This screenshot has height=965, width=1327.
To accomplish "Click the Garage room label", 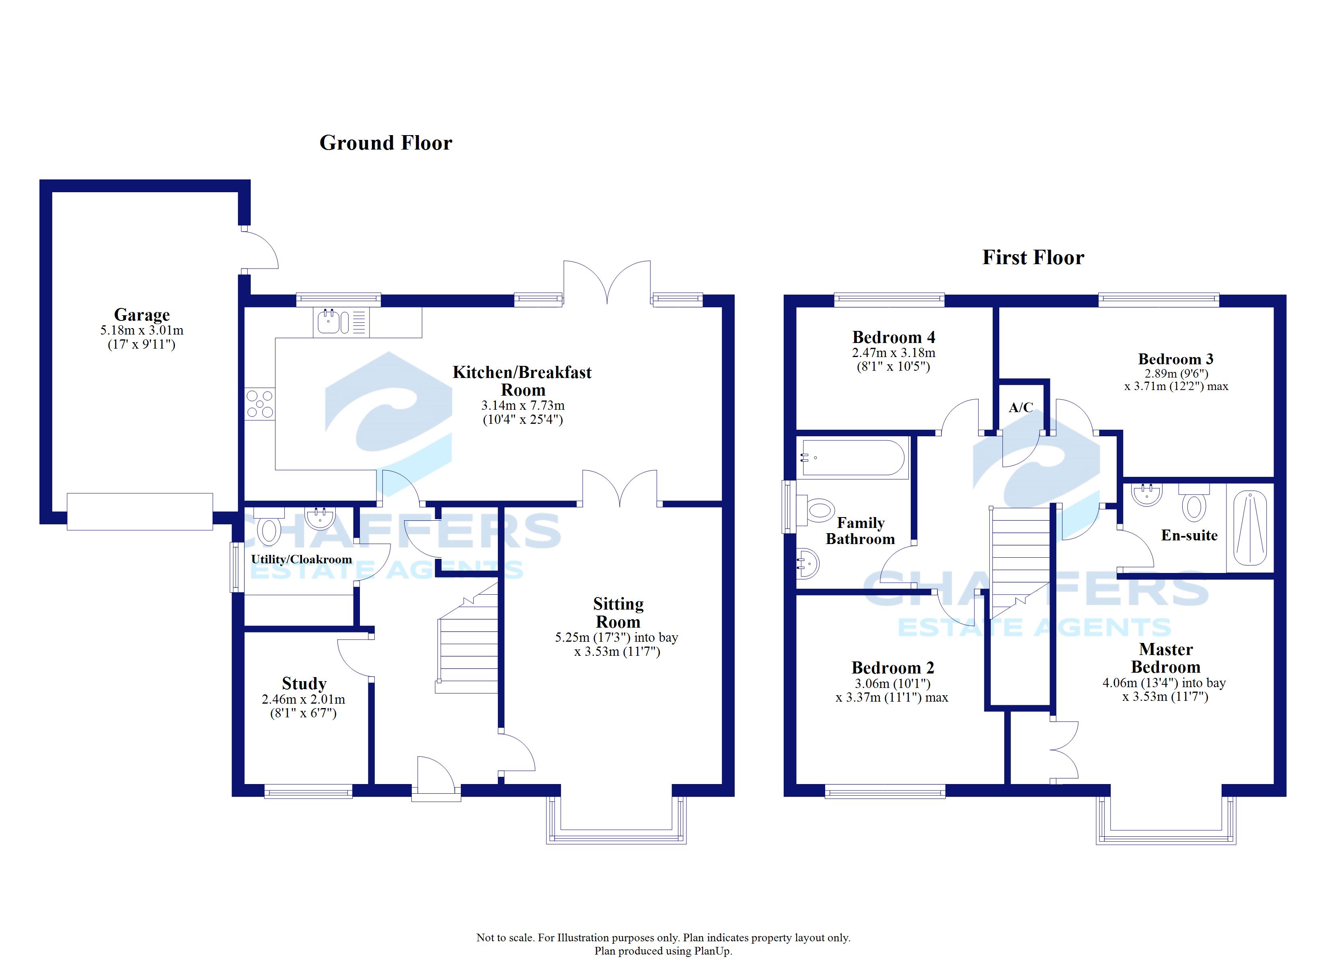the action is point(142,315).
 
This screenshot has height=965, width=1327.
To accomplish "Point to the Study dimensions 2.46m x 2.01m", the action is point(303,699).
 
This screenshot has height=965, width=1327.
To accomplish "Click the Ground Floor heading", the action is point(386,143).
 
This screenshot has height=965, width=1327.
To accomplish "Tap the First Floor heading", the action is point(1033,257).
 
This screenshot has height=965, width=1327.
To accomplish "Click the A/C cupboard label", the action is point(1021,408).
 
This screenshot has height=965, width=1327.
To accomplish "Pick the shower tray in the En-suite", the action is point(1250,528).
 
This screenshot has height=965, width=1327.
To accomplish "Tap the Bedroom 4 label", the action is point(894,338).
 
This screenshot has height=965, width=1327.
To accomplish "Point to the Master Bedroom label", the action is point(1165,658).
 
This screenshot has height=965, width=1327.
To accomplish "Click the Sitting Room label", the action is point(618,613).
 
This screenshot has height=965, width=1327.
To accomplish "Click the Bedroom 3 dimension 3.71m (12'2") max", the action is point(1176,386).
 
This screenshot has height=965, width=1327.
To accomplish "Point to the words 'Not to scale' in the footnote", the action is point(504,938).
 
